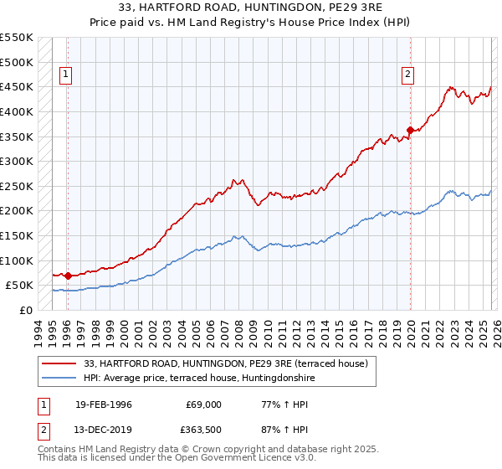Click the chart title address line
(251, 8)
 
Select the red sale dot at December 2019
(411, 130)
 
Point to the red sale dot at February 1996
(68, 276)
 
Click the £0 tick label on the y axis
(25, 310)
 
